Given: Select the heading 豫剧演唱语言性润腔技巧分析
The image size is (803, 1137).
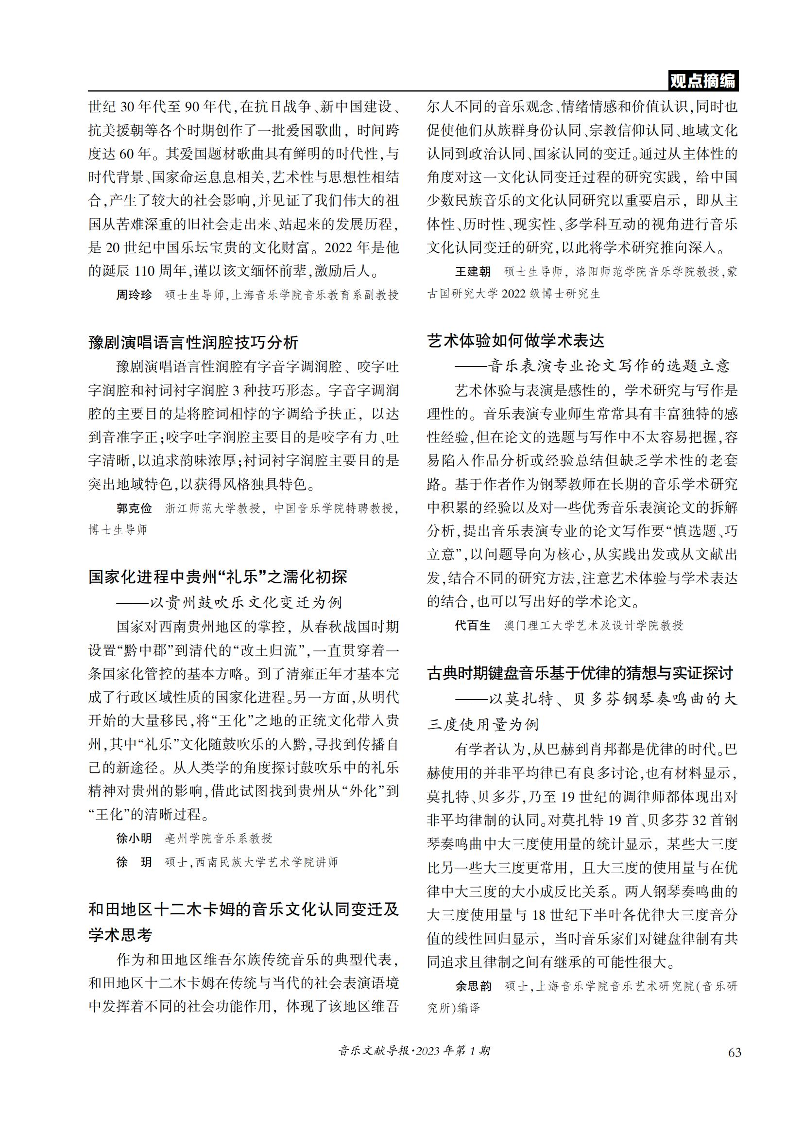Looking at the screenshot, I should point(193,342).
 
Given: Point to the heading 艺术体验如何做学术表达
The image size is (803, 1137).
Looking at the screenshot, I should point(515,341).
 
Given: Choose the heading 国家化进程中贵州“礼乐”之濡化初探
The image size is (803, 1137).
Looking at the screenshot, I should point(218,577).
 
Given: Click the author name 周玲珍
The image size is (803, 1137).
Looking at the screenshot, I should point(134,295).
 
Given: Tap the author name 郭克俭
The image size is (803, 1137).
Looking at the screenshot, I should point(134,508).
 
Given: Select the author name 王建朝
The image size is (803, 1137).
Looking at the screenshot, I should point(473,271).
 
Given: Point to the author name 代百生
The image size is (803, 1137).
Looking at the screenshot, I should point(473,626).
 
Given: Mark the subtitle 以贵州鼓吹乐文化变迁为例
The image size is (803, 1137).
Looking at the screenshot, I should point(246,602).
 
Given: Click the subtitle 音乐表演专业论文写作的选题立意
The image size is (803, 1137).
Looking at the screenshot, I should point(609,366).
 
